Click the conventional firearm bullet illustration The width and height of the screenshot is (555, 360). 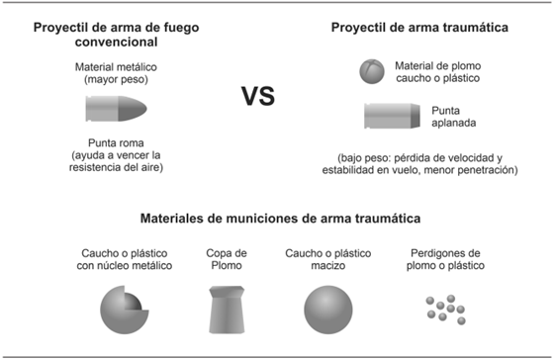point(116,107)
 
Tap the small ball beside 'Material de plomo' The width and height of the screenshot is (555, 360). point(371,70)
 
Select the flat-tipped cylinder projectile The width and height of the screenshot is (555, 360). point(388,116)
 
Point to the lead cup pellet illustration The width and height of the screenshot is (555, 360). point(226,308)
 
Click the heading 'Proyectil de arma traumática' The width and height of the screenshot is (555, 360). point(420,28)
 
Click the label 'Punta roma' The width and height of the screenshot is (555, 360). point(116,141)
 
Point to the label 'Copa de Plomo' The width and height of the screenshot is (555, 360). point(227,259)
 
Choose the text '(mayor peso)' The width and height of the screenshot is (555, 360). point(116,79)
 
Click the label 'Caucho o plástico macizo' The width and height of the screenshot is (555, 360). point(326,259)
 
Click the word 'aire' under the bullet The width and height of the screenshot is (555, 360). point(147,167)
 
